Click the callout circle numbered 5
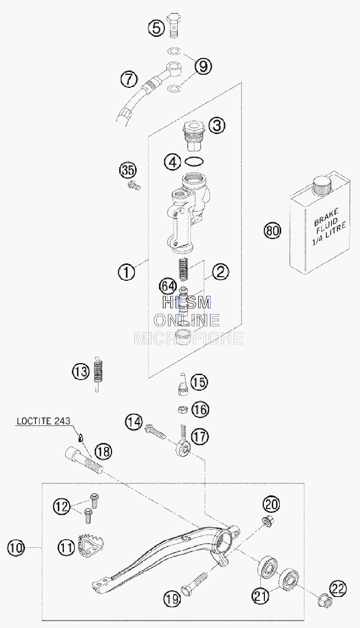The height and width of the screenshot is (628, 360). click(156, 27)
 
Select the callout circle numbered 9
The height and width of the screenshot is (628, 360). click(203, 66)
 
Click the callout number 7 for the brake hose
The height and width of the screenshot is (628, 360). click(129, 79)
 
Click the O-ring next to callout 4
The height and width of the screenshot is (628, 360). click(194, 162)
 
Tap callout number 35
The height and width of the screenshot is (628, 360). click(128, 170)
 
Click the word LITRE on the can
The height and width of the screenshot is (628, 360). click(336, 230)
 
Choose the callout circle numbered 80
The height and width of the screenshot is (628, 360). click(273, 230)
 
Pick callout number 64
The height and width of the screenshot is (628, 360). click(168, 286)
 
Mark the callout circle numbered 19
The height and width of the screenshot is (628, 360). click(172, 599)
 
